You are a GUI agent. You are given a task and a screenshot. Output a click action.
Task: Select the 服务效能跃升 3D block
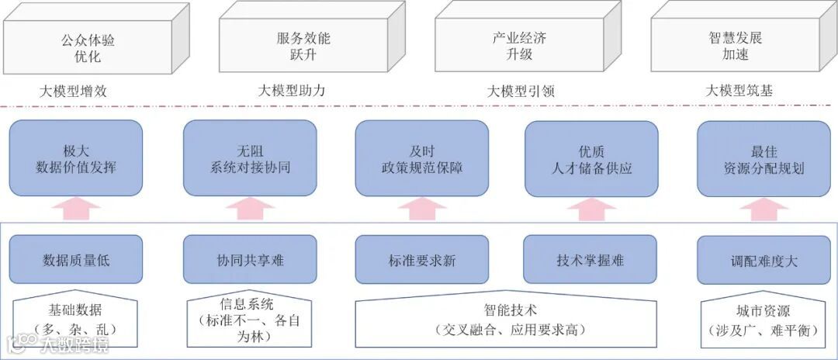[x=303, y=47]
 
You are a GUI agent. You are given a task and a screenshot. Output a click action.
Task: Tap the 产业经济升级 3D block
[x=518, y=47]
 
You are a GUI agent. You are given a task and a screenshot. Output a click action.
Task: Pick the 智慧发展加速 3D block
[x=735, y=47]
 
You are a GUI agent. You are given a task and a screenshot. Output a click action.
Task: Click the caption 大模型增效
[x=73, y=92]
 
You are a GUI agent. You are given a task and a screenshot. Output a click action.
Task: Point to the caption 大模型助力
[x=292, y=92]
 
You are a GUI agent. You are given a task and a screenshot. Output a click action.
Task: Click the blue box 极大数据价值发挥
[x=76, y=157]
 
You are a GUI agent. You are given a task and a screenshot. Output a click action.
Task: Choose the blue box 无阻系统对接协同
[x=250, y=157]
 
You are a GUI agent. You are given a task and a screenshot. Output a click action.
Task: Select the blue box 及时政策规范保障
[x=422, y=157]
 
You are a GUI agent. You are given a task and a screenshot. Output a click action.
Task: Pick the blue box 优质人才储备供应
[x=590, y=157]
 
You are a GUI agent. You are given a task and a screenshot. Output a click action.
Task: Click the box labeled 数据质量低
[x=76, y=260]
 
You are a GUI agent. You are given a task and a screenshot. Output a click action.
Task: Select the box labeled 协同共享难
[x=250, y=260]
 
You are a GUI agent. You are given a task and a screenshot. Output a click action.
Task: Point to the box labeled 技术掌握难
[x=590, y=260]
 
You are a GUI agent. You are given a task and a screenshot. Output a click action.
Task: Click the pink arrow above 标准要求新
[x=422, y=209]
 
